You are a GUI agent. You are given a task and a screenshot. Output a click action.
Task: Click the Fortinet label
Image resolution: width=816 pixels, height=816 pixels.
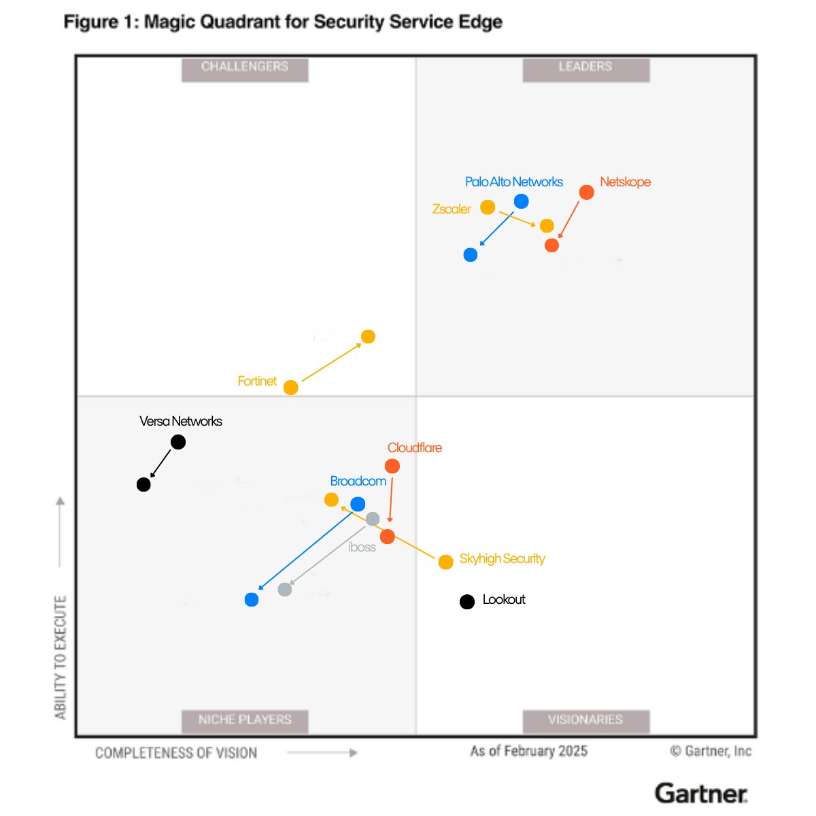(x=257, y=381)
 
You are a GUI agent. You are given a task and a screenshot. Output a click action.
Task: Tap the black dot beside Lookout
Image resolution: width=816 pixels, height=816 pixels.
(x=467, y=602)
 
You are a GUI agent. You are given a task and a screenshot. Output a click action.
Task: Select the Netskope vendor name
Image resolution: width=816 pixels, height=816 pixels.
(x=625, y=182)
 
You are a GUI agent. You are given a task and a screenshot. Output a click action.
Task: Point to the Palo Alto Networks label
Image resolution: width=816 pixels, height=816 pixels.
(x=514, y=182)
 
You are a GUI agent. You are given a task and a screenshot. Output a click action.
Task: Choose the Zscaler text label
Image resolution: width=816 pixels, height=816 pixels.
(x=452, y=209)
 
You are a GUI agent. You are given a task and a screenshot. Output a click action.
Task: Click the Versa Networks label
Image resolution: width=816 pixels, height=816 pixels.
(x=181, y=422)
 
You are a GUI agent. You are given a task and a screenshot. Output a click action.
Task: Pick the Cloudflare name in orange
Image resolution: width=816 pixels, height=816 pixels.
(x=415, y=448)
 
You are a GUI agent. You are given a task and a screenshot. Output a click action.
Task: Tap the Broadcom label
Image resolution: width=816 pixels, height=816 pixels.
(x=358, y=481)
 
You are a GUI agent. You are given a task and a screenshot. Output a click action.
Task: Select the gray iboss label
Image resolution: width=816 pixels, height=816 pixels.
(x=362, y=547)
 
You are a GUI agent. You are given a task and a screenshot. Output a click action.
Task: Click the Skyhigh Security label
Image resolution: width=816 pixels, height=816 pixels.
(x=502, y=559)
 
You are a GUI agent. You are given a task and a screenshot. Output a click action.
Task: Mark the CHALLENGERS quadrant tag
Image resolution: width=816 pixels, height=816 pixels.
(x=245, y=67)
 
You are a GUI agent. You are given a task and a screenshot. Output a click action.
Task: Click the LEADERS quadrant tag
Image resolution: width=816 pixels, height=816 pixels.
(x=585, y=67)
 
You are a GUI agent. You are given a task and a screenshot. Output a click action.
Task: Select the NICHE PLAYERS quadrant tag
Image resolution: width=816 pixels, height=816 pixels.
(x=245, y=720)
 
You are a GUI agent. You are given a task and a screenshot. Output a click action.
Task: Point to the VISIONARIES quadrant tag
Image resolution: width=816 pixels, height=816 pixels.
(x=585, y=720)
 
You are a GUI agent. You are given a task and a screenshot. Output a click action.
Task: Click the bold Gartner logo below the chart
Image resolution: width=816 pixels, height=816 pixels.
(x=701, y=794)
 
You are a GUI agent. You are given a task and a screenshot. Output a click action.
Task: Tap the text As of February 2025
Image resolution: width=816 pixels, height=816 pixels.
(x=529, y=751)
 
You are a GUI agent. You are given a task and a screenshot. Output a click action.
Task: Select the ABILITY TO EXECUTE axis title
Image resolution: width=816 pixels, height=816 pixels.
(x=61, y=657)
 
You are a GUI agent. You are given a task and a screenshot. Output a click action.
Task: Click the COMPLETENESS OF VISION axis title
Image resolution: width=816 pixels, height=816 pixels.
(x=176, y=753)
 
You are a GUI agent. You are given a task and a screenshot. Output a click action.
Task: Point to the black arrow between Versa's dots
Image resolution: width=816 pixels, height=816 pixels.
(x=161, y=463)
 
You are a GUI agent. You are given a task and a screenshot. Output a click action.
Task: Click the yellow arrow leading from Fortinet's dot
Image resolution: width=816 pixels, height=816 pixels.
(x=331, y=362)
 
